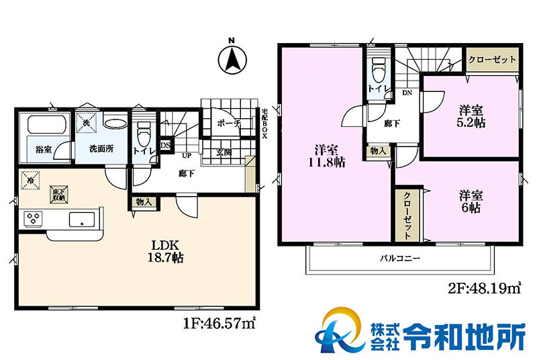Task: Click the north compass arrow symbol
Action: [232, 59]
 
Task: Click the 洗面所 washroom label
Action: [101, 149]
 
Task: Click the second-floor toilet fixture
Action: [377, 68]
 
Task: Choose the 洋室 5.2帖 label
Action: [473, 116]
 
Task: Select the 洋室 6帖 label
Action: [473, 201]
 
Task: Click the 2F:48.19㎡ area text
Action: [484, 289]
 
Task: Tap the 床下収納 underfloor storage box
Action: [58, 195]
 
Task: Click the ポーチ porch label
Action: [229, 124]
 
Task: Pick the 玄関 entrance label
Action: [224, 152]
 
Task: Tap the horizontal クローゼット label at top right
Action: [493, 59]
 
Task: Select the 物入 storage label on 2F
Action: [378, 152]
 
